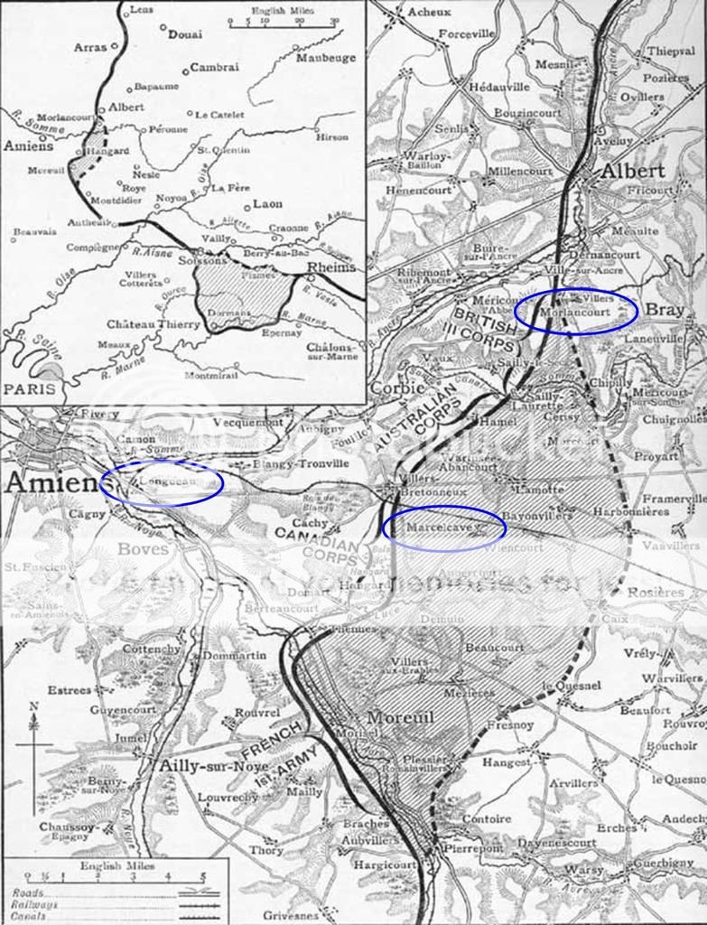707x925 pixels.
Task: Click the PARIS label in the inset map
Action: pos(32,388)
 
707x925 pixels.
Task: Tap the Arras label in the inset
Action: pos(89,46)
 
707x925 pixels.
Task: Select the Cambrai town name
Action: pos(215,67)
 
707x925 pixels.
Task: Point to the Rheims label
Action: pos(331,268)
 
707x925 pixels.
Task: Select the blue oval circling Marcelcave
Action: pos(443,527)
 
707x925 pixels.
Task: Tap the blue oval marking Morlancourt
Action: pos(576,311)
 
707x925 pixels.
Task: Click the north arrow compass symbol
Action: pos(34,741)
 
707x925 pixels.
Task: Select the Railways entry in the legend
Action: pos(35,903)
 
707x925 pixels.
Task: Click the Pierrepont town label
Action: pos(473,849)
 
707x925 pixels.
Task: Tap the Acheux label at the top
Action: pos(429,12)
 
